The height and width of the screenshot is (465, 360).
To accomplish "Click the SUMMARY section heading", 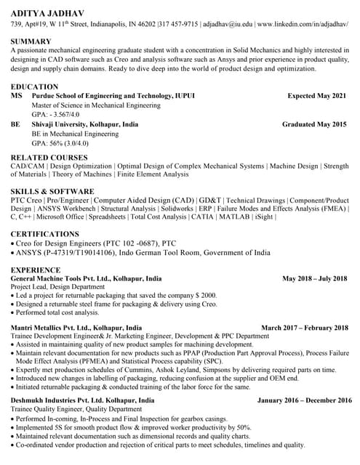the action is [x=31, y=41].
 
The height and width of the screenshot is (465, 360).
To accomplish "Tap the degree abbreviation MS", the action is [x=16, y=96].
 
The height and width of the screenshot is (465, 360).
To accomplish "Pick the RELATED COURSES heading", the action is [x=49, y=157].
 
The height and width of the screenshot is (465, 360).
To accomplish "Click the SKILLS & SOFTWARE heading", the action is [x=52, y=191].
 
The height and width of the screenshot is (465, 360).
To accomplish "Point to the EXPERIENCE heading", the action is [x=36, y=269].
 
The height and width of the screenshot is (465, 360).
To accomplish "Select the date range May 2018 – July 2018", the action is [x=316, y=278].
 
